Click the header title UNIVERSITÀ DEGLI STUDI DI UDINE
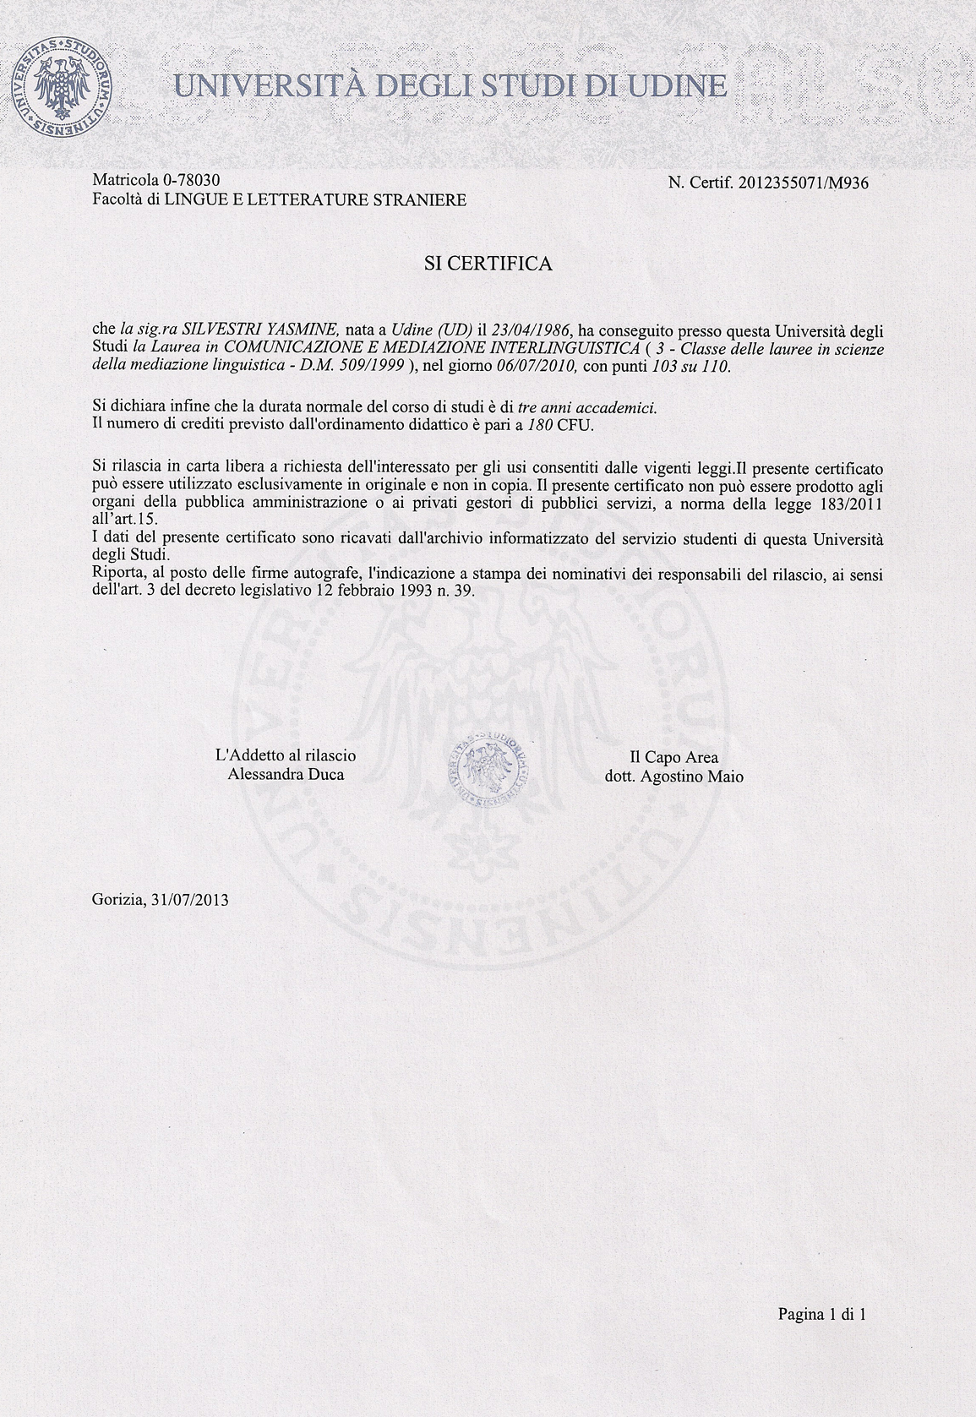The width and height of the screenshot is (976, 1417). pyautogui.click(x=450, y=86)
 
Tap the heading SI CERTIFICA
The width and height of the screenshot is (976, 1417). pyautogui.click(x=488, y=264)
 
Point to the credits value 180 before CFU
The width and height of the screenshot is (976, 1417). pyautogui.click(x=540, y=425)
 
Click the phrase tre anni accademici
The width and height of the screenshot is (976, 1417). pyautogui.click(x=587, y=407)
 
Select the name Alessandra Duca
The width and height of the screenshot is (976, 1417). pyautogui.click(x=286, y=774)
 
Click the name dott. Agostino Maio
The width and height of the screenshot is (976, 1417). pyautogui.click(x=674, y=777)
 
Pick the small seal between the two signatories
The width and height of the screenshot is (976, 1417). pyautogui.click(x=486, y=766)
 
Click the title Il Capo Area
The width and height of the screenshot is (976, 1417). pyautogui.click(x=673, y=758)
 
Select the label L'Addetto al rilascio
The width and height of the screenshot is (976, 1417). pyautogui.click(x=286, y=755)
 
